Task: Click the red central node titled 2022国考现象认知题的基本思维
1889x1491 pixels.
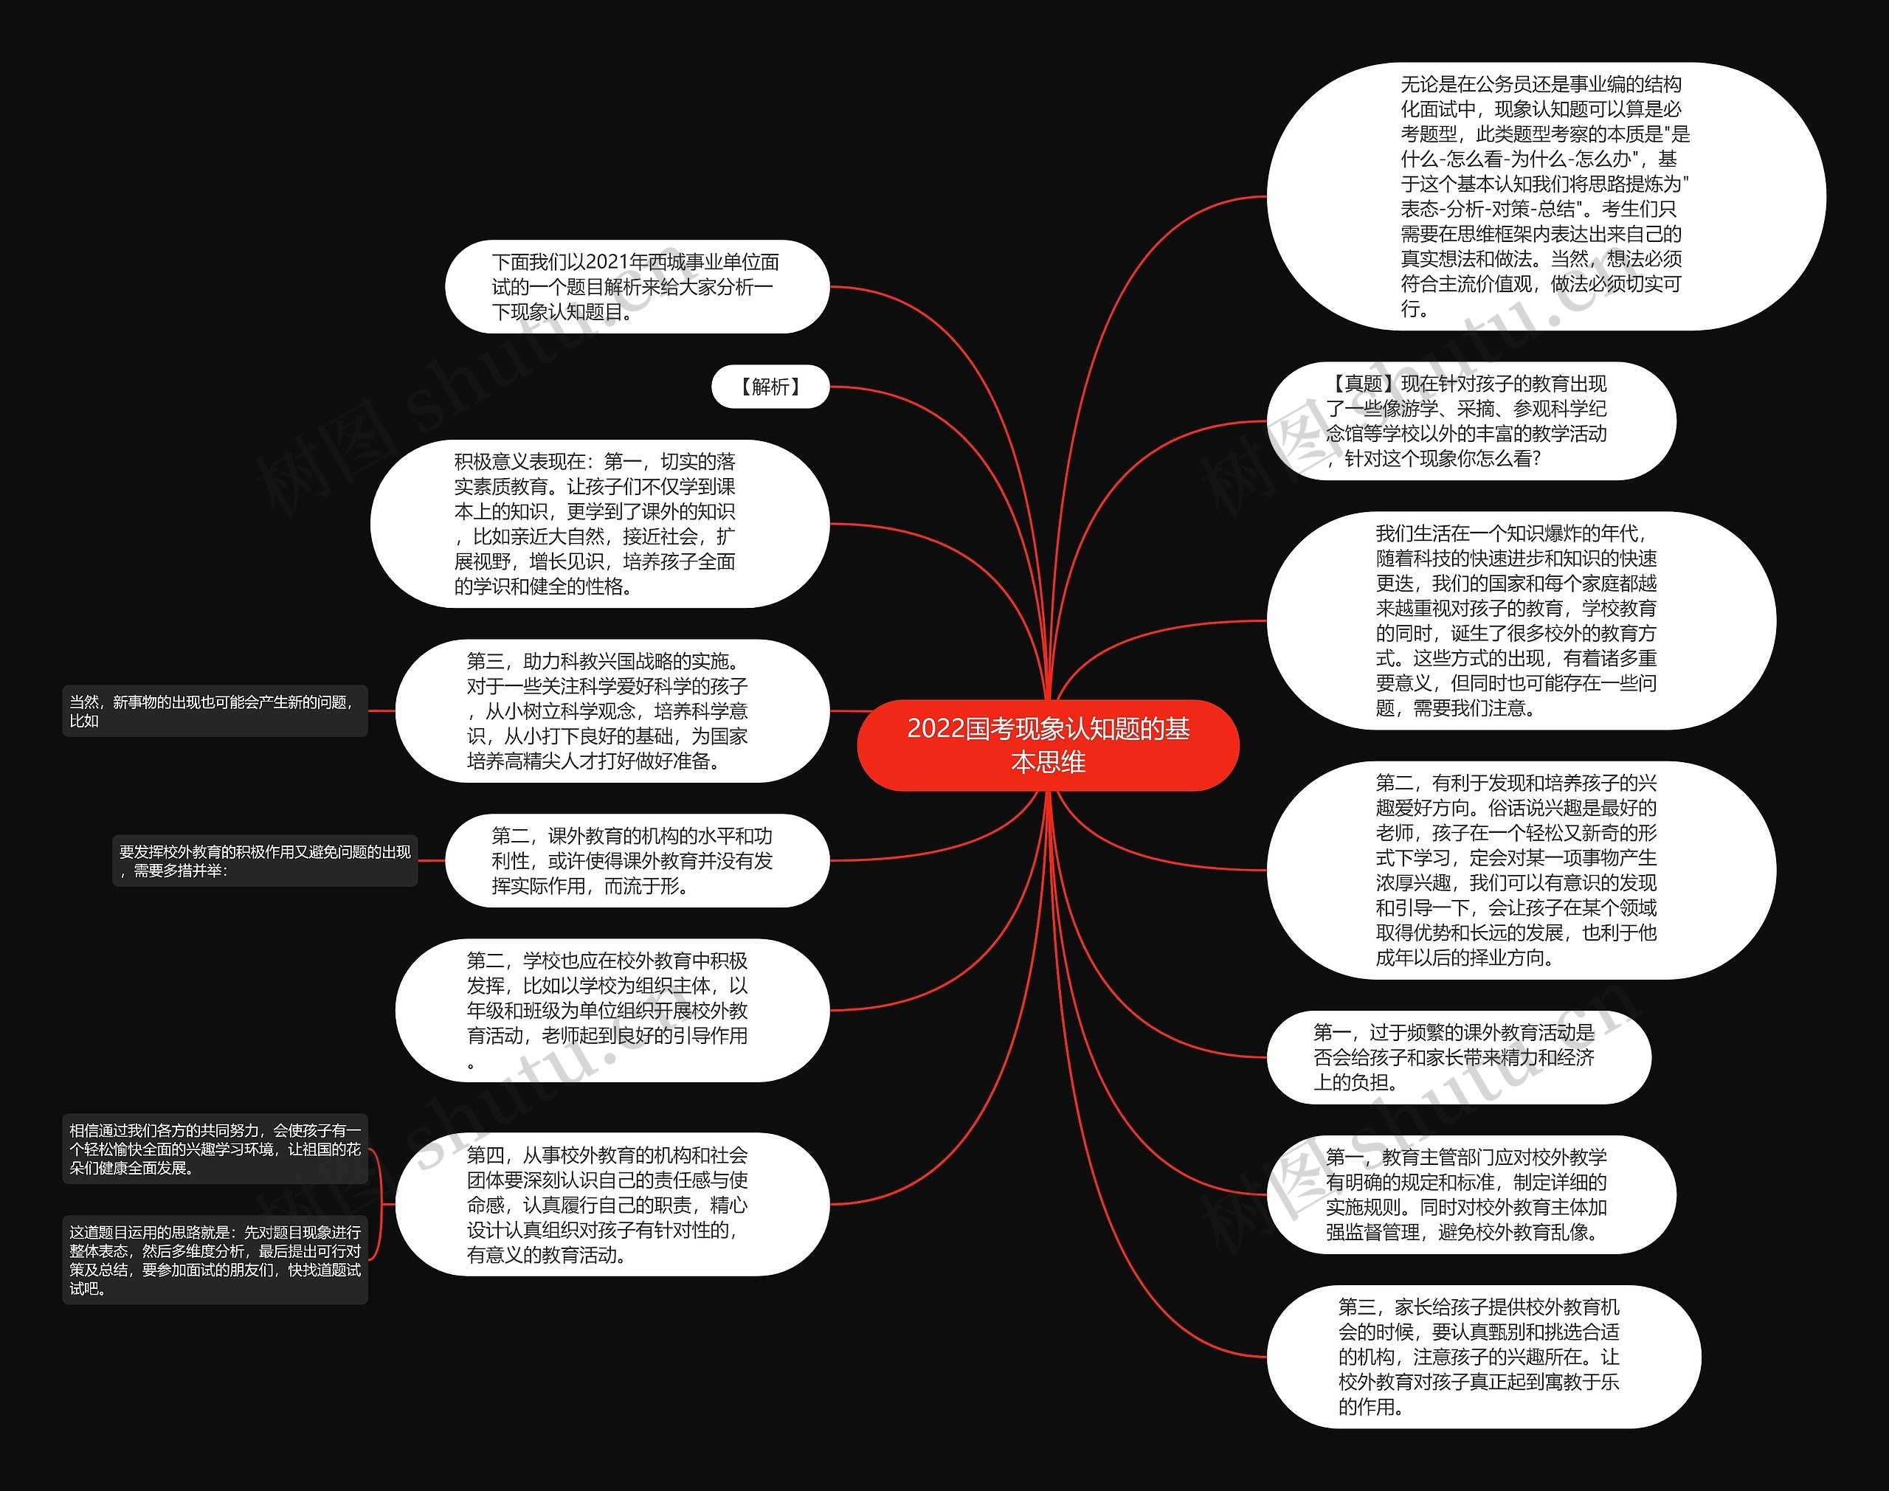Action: [1048, 744]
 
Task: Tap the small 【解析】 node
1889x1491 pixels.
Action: [770, 387]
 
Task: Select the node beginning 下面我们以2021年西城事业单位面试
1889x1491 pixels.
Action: [636, 286]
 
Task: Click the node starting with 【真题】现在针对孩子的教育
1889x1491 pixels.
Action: [1470, 421]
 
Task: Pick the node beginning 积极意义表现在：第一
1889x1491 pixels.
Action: [599, 524]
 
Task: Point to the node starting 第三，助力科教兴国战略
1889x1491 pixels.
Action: [611, 710]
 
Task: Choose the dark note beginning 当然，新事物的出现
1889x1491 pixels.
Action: [215, 711]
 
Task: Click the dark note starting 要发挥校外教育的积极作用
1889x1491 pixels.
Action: [264, 861]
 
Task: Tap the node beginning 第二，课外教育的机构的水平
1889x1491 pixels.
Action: [636, 861]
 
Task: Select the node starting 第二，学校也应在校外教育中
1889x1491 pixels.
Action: [611, 1010]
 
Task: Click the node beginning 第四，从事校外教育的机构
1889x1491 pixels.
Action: [611, 1205]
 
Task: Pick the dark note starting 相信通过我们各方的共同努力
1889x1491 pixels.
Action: [215, 1149]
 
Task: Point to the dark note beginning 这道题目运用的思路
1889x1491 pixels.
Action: [215, 1259]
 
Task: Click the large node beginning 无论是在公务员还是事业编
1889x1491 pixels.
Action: [1545, 196]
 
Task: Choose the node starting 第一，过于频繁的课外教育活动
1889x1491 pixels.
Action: [1458, 1057]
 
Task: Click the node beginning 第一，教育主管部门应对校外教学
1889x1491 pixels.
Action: [1470, 1194]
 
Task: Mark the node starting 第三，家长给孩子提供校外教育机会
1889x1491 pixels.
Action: [1482, 1357]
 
